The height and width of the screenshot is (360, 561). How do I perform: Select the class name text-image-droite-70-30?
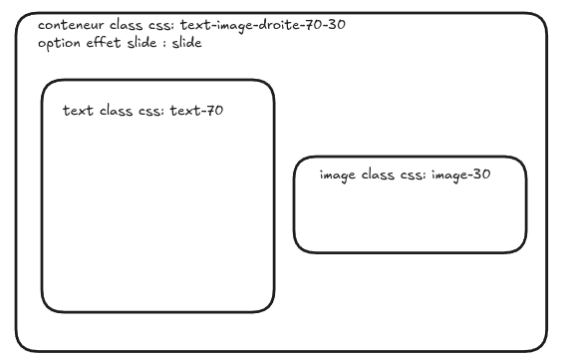(263, 26)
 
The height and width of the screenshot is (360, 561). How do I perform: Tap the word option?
(59, 44)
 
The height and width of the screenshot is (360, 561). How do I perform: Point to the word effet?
(104, 42)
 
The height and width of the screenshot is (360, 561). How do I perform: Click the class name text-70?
(196, 111)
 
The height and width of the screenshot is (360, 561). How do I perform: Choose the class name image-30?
(460, 176)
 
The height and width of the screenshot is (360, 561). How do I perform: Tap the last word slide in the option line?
(186, 42)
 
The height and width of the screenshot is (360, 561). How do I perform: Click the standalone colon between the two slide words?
(164, 44)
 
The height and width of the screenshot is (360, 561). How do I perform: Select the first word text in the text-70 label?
(78, 111)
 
